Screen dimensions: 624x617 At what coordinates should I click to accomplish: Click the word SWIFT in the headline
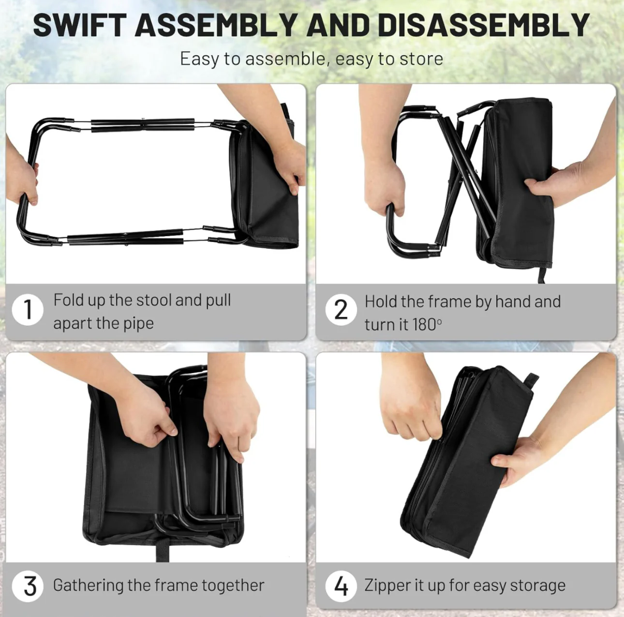pyautogui.click(x=80, y=25)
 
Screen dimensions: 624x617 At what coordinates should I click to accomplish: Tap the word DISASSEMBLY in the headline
pyautogui.click(x=483, y=25)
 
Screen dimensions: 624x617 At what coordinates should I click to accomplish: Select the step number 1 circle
pyautogui.click(x=28, y=310)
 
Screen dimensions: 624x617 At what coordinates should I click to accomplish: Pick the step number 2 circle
pyautogui.click(x=341, y=310)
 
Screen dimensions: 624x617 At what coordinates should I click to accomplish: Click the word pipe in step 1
pyautogui.click(x=138, y=324)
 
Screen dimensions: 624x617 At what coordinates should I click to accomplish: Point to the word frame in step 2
pyautogui.click(x=450, y=301)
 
